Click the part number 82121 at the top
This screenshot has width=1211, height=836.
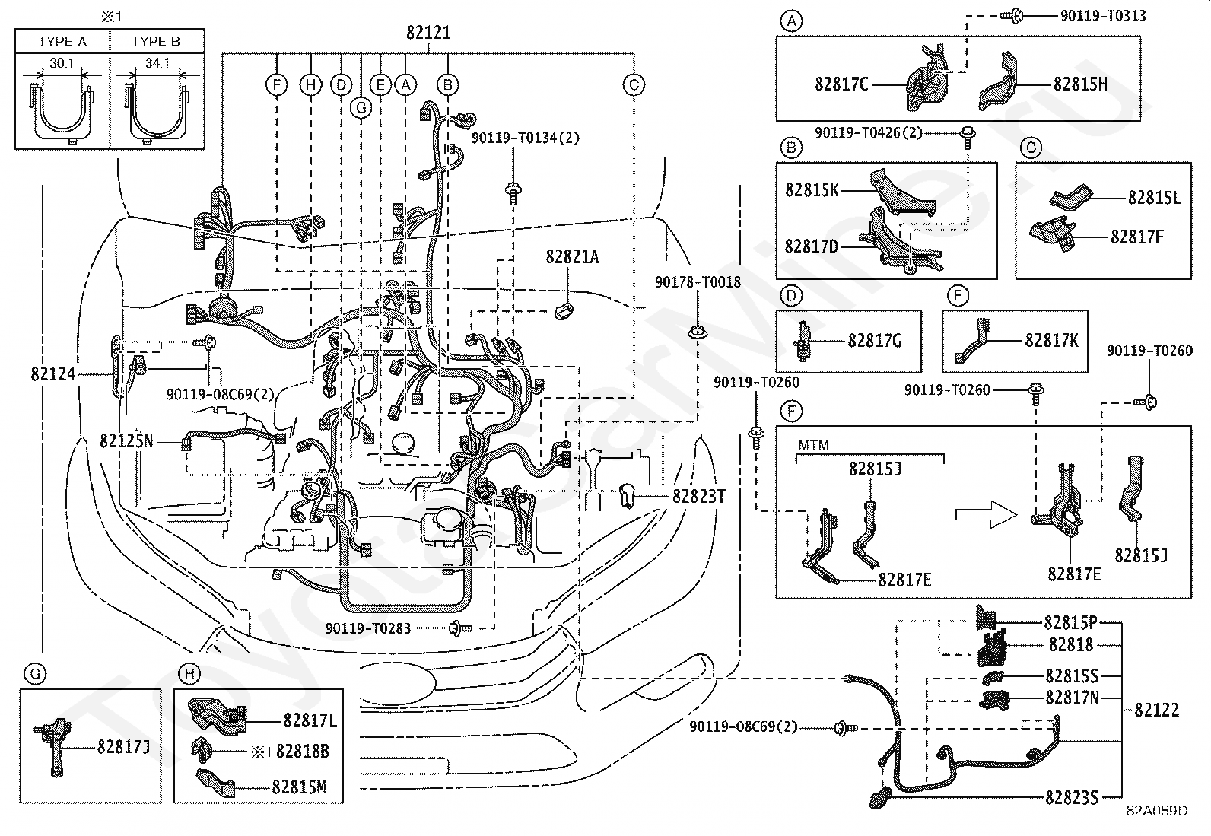click(x=428, y=33)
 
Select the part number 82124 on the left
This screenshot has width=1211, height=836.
click(x=53, y=374)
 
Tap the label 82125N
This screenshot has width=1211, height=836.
click(x=126, y=440)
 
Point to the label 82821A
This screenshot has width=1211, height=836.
click(x=572, y=257)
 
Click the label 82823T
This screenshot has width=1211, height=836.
click(x=698, y=496)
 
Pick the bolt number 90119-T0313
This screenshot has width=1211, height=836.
click(x=1102, y=16)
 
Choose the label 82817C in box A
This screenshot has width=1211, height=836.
click(x=841, y=84)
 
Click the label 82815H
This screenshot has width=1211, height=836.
click(x=1080, y=84)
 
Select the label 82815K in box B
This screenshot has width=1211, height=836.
click(x=812, y=189)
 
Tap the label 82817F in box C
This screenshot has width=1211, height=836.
click(x=1136, y=237)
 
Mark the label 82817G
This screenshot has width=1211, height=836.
click(x=874, y=341)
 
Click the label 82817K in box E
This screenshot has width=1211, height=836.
click(x=1050, y=340)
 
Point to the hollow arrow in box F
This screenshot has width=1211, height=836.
click(x=986, y=515)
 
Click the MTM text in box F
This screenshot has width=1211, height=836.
click(x=813, y=445)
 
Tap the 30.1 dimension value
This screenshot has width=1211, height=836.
click(x=62, y=64)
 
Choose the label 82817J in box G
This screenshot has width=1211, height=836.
click(x=123, y=746)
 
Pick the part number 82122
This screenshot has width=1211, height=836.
click(x=1156, y=710)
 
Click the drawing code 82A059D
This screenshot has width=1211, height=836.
click(x=1157, y=810)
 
